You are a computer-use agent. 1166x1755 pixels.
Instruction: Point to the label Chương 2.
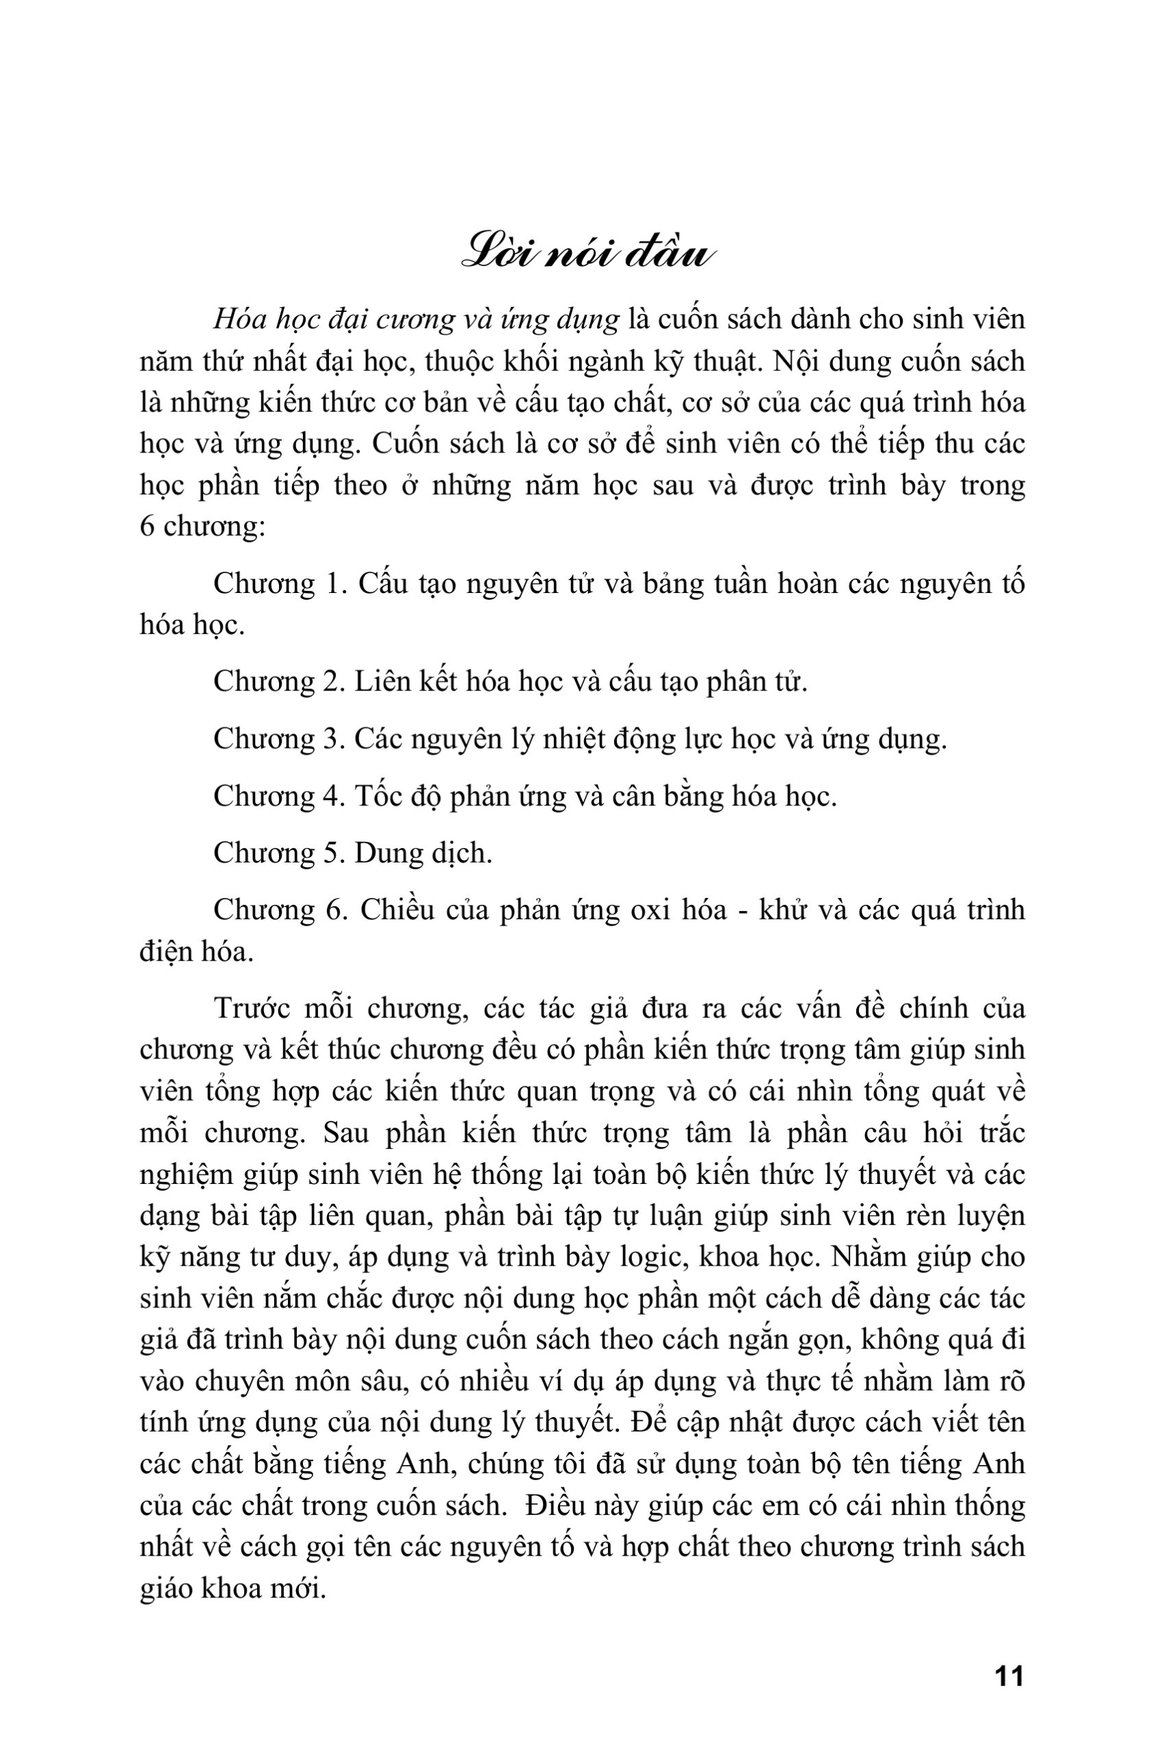[x=277, y=682]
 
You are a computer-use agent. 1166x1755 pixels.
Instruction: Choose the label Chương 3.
[x=277, y=739]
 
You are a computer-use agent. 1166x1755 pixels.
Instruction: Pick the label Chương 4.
[x=277, y=797]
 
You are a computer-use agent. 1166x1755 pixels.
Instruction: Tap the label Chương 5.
[x=277, y=854]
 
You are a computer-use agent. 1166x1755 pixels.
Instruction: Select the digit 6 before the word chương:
[x=147, y=527]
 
